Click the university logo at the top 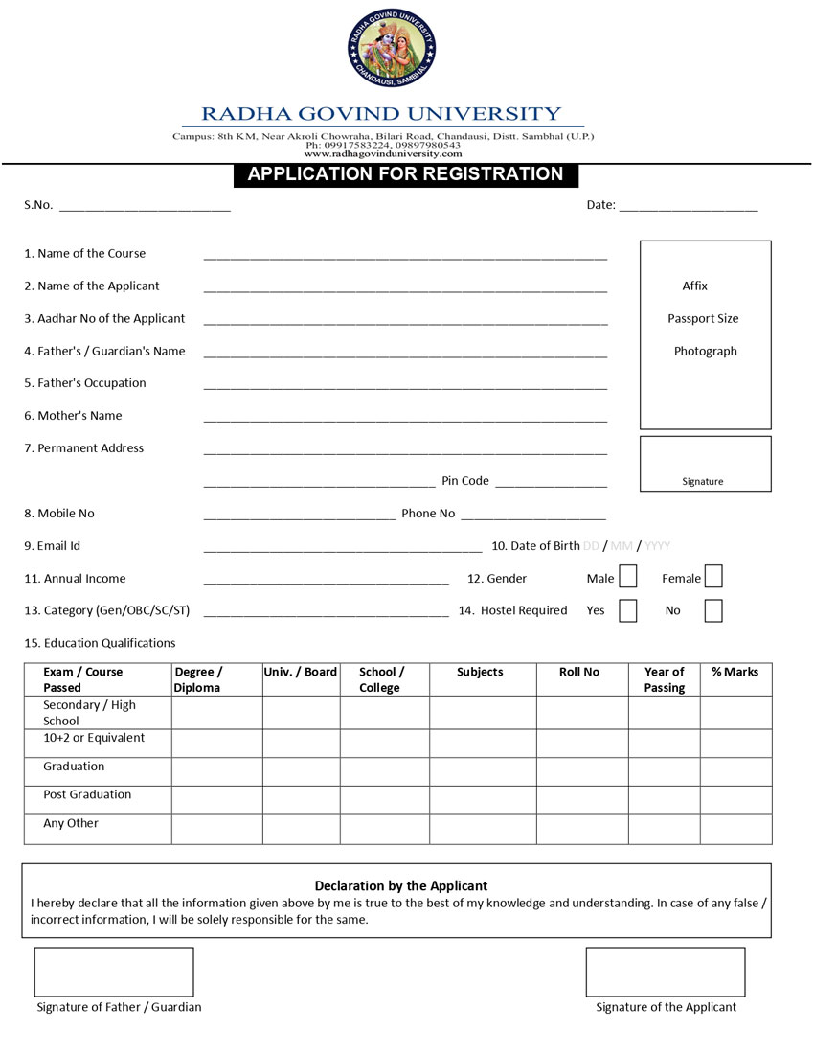392,48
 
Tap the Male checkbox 627,577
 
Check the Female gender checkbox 712,577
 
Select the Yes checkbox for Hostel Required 627,610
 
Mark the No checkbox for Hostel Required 712,610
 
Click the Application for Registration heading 405,174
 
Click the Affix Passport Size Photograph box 705,333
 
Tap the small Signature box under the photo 705,464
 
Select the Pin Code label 465,481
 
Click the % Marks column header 735,672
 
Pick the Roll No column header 579,672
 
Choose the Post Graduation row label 87,794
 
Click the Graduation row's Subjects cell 482,771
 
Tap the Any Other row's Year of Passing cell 664,829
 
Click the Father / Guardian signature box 114,972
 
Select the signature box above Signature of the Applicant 665,972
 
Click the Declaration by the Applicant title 401,885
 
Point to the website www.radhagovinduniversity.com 383,153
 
